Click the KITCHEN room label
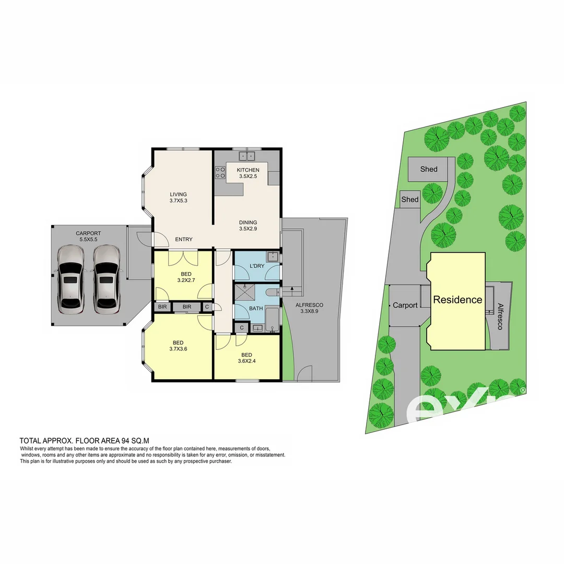point(248,173)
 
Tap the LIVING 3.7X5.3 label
point(178,197)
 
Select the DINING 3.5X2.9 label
point(248,225)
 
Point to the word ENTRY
point(184,240)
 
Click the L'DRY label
point(257,266)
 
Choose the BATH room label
point(256,309)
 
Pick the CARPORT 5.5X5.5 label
point(88,236)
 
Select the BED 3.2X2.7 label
point(186,277)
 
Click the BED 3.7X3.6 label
point(178,346)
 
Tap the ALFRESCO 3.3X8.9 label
point(309,308)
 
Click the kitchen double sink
point(246,156)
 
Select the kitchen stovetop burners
point(220,173)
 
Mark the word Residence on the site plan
point(457,300)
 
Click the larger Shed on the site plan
point(429,169)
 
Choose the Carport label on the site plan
point(405,305)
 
